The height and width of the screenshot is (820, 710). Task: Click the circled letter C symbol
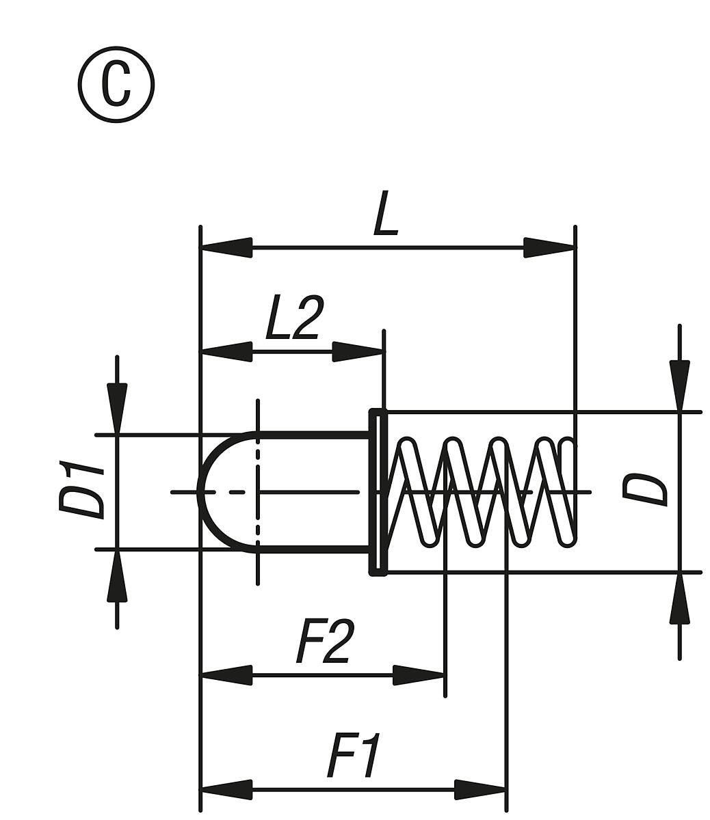point(116,85)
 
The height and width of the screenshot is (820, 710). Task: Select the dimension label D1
point(81,491)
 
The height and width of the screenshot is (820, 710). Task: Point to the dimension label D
point(644,489)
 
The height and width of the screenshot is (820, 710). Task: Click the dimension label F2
point(325,642)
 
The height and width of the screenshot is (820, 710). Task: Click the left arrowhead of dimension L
point(226,247)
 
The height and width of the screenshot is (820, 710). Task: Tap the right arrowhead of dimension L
point(549,247)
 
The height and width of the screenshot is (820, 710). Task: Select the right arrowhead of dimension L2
point(358,352)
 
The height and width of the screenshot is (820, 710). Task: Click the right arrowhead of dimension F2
point(419,675)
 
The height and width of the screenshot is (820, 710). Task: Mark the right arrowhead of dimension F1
point(480,789)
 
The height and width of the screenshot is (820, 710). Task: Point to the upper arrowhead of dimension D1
point(117,408)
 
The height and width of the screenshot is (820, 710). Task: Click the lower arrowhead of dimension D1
point(117,576)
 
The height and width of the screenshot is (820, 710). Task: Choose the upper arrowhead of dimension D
point(679,385)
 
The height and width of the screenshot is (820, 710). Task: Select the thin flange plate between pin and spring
point(378,492)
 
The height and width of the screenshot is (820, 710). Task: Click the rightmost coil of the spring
point(566,492)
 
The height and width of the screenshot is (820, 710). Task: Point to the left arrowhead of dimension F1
point(226,789)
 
